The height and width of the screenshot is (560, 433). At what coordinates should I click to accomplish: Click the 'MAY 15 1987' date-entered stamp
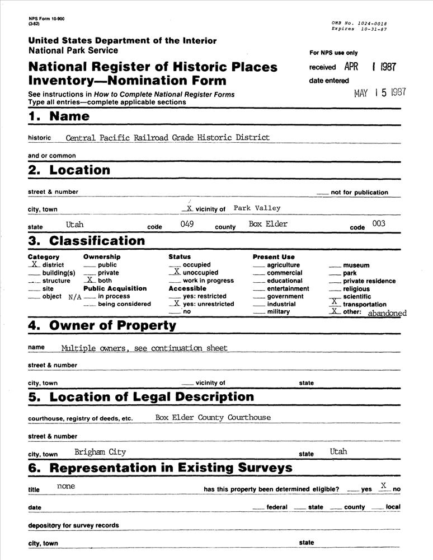point(380,93)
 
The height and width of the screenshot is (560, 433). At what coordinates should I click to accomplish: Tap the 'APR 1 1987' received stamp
point(370,67)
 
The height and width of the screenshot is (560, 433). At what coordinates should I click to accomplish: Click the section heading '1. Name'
point(59,116)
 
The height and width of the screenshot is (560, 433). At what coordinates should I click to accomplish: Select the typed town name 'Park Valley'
point(257,208)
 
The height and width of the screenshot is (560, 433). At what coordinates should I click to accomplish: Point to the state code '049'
point(187,223)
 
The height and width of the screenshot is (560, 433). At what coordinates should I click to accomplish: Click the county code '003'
point(378,223)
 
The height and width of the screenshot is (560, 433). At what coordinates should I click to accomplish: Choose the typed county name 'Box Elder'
point(268,224)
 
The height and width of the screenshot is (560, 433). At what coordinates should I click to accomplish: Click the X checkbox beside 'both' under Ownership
point(90,279)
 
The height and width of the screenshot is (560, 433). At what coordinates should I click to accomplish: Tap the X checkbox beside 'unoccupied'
point(176,272)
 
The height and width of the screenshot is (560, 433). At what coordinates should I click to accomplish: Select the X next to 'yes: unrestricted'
point(176,303)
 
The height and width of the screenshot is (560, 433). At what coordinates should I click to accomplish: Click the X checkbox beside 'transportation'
point(335,303)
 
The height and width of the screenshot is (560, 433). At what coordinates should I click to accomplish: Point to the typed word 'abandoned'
point(387,314)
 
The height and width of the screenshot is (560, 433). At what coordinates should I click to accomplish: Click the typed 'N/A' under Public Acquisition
point(75,297)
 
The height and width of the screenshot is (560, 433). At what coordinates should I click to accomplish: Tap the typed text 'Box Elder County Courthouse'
point(213,417)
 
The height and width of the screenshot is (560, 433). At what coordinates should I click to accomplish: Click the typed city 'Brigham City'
point(100,452)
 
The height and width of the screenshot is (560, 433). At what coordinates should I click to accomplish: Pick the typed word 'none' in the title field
point(66,486)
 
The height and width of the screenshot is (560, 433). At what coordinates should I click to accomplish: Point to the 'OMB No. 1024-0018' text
point(359,23)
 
